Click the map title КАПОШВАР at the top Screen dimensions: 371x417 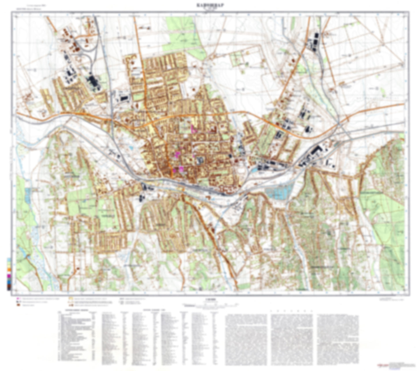[208, 5]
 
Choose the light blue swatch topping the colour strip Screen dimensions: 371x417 [9, 260]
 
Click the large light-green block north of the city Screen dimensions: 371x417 [185, 36]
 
